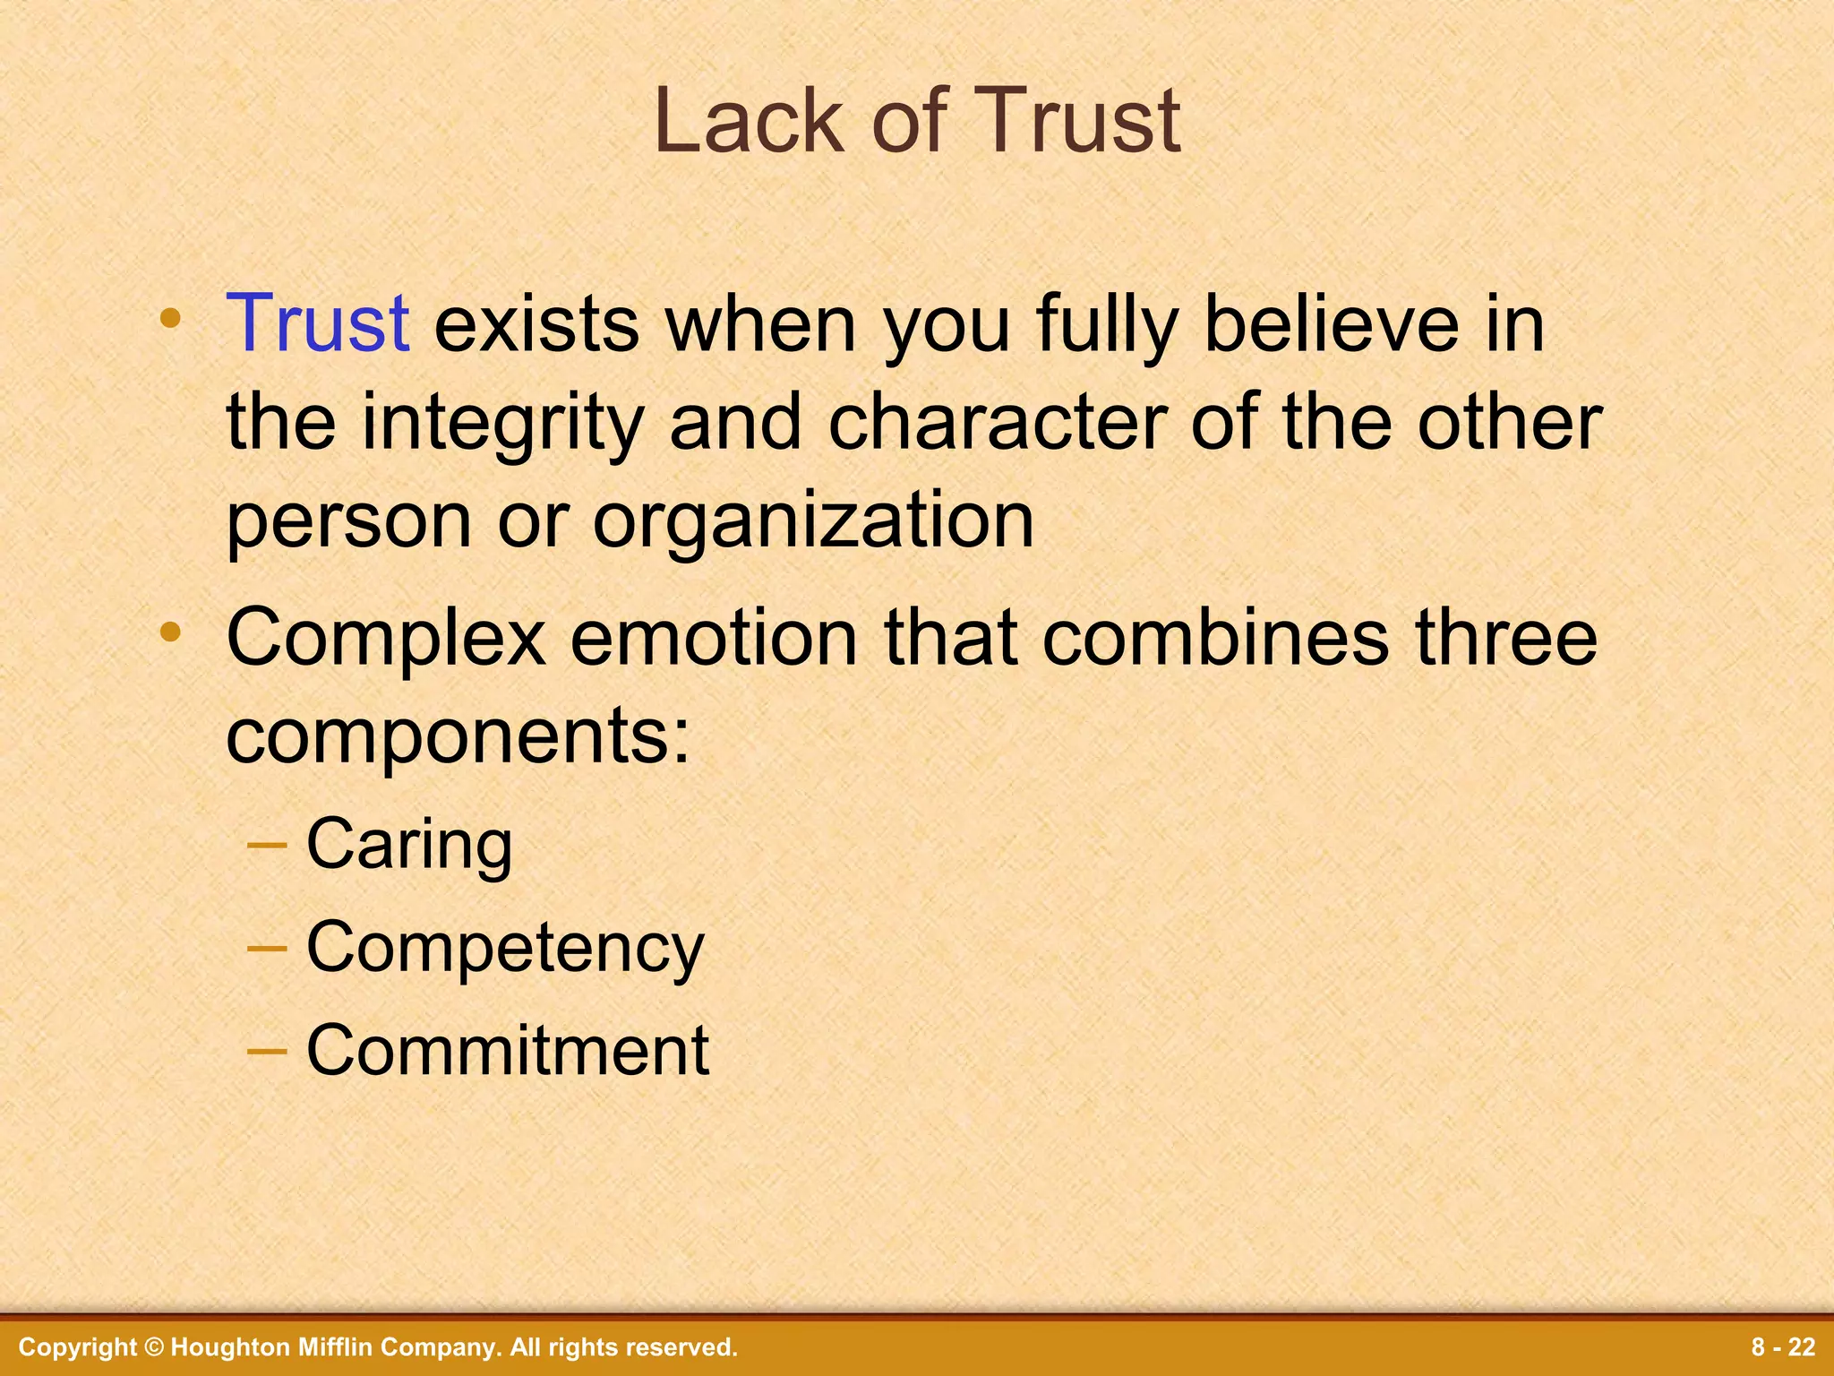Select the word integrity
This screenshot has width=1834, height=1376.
pyautogui.click(x=502, y=423)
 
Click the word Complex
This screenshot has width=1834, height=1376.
pyautogui.click(x=386, y=640)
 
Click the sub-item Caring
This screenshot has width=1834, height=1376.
pyautogui.click(x=409, y=844)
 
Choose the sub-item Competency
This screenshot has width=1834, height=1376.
pyautogui.click(x=505, y=948)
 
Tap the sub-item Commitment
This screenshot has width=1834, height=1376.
pyautogui.click(x=508, y=1050)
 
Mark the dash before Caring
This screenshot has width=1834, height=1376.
pyautogui.click(x=266, y=845)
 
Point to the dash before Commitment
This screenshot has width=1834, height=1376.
pyautogui.click(x=266, y=1049)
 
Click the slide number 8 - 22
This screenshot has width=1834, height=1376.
pyautogui.click(x=1783, y=1347)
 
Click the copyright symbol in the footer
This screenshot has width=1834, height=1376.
pyautogui.click(x=154, y=1347)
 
